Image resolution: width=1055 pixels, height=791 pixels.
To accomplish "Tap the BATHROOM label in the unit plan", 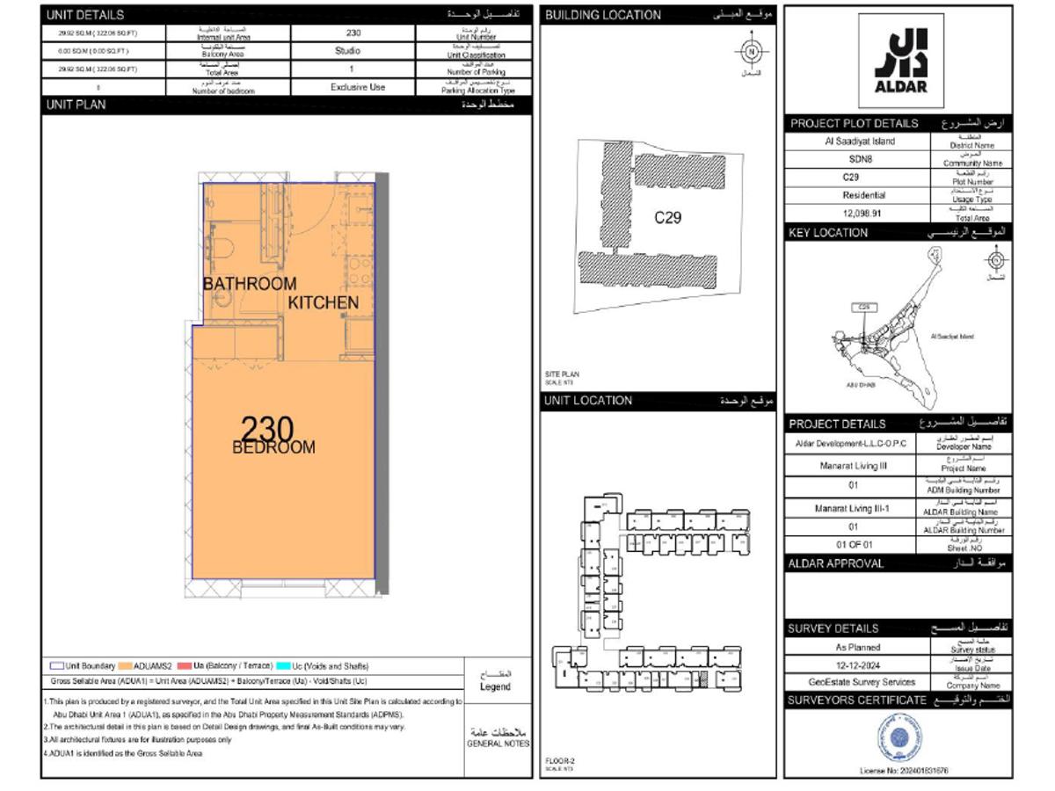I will [x=250, y=284].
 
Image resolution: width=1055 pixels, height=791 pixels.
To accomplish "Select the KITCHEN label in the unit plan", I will [x=324, y=302].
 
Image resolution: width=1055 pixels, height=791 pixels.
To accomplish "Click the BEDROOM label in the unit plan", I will [x=273, y=447].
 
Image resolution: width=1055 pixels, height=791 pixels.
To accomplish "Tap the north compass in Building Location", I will [x=751, y=53].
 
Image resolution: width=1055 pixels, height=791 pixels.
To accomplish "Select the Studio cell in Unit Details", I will [x=347, y=51].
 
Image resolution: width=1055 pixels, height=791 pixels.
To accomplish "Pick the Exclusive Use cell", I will [x=358, y=87].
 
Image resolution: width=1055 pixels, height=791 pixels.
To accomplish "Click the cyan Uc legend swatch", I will [x=284, y=666].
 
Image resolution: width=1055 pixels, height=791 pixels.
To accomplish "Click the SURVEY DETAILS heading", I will [x=833, y=628].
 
